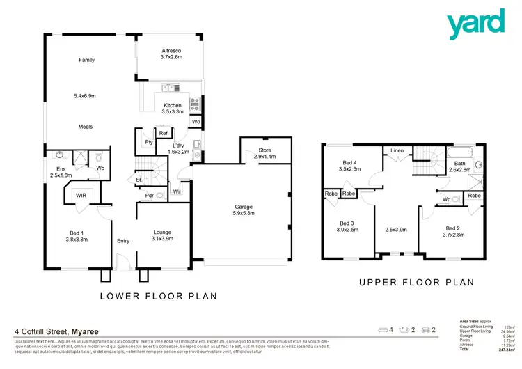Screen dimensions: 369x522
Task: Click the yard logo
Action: (476, 23)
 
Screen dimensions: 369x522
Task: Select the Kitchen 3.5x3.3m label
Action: (172, 109)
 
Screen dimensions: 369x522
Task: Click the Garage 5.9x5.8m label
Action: (244, 210)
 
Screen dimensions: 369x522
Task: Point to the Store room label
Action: (264, 154)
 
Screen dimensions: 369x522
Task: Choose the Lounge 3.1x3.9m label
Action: (162, 236)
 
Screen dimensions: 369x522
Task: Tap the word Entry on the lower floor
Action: (123, 241)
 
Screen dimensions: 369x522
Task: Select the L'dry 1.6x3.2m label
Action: (178, 148)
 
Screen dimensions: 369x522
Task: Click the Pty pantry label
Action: (148, 142)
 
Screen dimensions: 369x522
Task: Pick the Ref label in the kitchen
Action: (163, 133)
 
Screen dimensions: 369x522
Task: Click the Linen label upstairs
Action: (397, 150)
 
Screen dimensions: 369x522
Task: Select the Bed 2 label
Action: (453, 232)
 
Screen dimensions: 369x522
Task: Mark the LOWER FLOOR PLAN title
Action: (159, 296)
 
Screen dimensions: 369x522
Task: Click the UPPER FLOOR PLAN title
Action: (416, 283)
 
